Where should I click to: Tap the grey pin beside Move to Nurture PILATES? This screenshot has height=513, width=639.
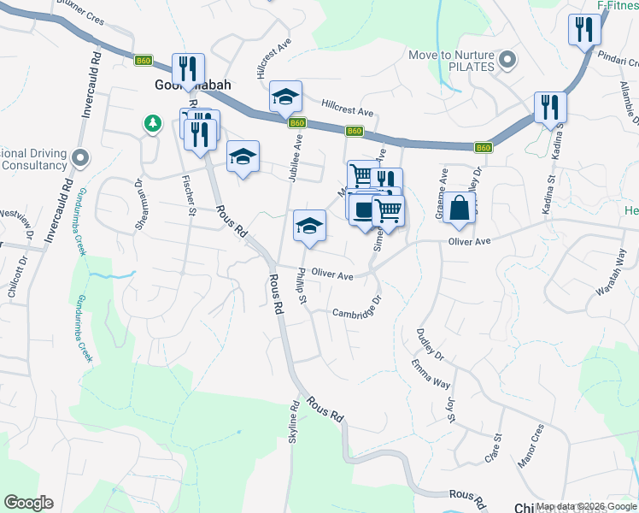pyautogui.click(x=507, y=60)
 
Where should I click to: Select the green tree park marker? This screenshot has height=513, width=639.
pyautogui.click(x=152, y=125)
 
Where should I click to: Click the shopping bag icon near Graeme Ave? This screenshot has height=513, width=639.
pyautogui.click(x=459, y=208)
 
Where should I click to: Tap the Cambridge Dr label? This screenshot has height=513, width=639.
pyautogui.click(x=355, y=313)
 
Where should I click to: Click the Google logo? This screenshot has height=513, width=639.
pyautogui.click(x=28, y=503)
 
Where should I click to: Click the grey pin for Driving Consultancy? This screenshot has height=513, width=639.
pyautogui.click(x=80, y=157)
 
